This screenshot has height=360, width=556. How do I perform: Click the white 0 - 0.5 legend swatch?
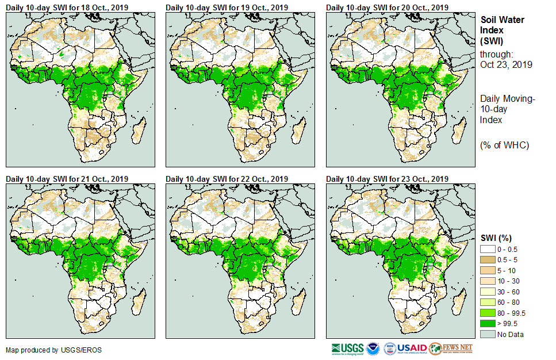click(488, 248)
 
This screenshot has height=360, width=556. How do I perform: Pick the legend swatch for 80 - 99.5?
click(488, 313)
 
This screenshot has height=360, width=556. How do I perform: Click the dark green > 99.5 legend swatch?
click(488, 324)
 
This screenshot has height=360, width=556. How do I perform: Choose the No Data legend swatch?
click(488, 335)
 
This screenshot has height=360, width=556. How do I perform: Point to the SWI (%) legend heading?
click(496, 238)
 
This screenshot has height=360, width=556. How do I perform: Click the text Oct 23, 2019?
click(506, 64)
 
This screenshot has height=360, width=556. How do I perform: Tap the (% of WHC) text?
click(504, 145)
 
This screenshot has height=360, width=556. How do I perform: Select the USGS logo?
click(347, 348)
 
